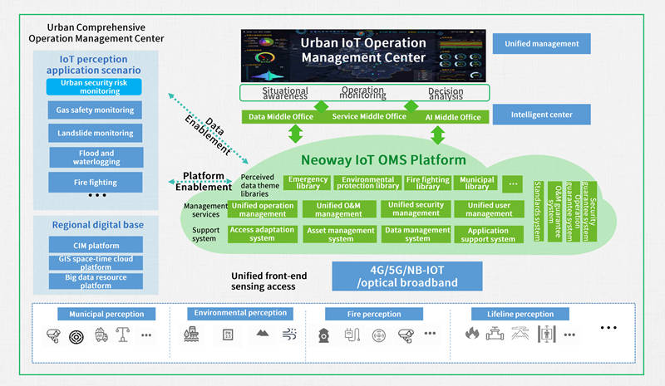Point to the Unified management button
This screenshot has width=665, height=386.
click(x=541, y=44)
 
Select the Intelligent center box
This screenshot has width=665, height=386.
click(x=541, y=114)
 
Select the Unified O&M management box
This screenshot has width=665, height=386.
click(x=340, y=209)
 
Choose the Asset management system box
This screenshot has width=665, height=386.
click(x=340, y=235)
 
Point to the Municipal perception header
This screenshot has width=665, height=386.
click(x=106, y=315)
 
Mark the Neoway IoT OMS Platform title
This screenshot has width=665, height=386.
click(x=382, y=159)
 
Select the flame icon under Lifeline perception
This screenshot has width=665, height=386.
click(x=472, y=335)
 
